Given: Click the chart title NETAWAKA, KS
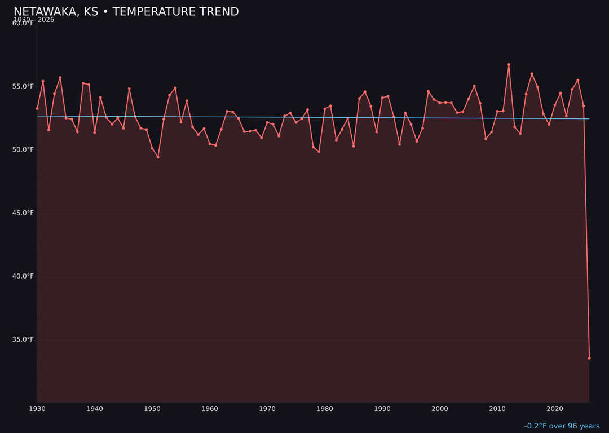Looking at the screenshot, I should [x=126, y=12].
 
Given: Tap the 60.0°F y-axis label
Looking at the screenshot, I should [x=23, y=23].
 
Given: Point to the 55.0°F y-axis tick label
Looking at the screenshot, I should [x=23, y=86].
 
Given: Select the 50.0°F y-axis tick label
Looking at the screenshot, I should [x=23, y=149].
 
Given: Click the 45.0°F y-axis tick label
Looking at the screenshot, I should [x=23, y=213].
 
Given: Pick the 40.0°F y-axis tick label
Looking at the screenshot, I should [x=23, y=276].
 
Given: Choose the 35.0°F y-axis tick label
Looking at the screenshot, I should [x=23, y=339].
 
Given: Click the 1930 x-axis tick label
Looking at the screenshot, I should [x=37, y=409].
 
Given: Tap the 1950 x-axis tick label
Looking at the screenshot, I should [x=152, y=409].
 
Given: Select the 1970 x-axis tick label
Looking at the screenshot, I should [x=267, y=409].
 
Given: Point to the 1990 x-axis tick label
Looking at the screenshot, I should [x=382, y=409].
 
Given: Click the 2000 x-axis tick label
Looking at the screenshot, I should [x=440, y=409].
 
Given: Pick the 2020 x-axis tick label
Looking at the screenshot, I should [x=555, y=409].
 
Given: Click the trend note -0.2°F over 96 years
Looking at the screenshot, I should [x=562, y=426].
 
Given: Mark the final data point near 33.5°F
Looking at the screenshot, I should [x=589, y=358].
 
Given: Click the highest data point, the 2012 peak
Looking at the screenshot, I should [x=509, y=65].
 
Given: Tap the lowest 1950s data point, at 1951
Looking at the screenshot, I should [x=158, y=157].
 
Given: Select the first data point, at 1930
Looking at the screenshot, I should [x=37, y=108].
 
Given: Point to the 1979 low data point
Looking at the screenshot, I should [x=319, y=151].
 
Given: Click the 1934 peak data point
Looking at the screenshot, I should [x=60, y=78].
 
